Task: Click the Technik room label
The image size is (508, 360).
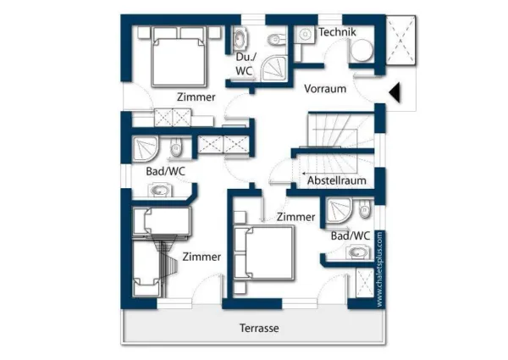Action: [337, 33]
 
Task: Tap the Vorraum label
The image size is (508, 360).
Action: [325, 88]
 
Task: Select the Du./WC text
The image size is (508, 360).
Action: [244, 64]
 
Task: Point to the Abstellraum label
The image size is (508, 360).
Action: [336, 180]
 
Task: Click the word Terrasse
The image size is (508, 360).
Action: [258, 327]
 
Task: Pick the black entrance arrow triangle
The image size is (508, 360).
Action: [395, 90]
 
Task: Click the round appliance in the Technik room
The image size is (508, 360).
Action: [361, 52]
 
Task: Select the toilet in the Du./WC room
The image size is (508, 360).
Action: [275, 40]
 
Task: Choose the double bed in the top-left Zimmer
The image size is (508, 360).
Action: [179, 56]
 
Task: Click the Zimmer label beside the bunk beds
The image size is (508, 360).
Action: [202, 257]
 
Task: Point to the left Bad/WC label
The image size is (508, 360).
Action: [165, 171]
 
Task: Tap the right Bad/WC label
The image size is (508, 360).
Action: [350, 235]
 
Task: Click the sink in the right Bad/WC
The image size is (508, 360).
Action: [356, 252]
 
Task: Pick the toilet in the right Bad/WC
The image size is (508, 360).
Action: [363, 208]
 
